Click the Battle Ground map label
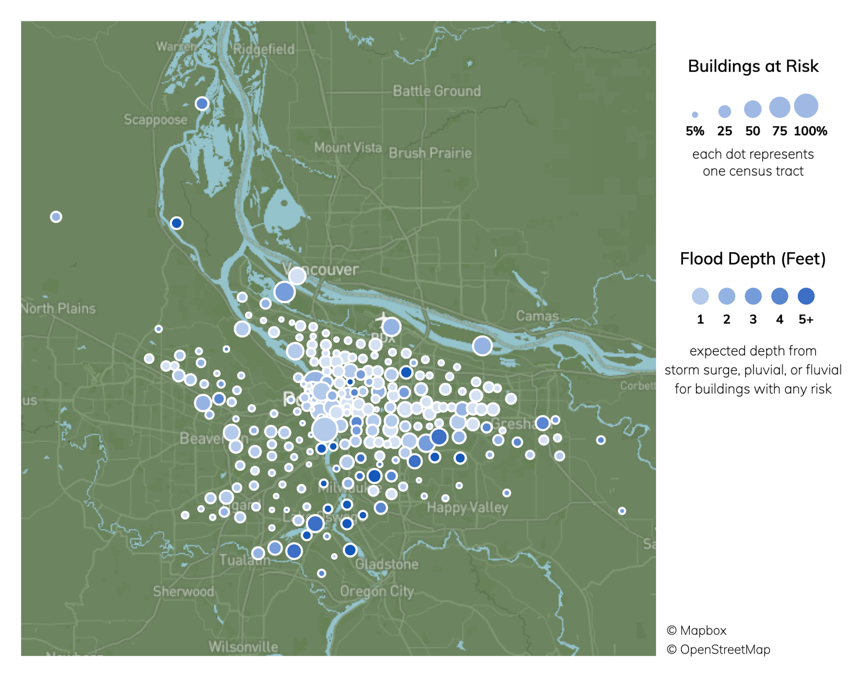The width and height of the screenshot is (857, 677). (x=437, y=91)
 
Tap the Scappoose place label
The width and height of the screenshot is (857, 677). (x=155, y=119)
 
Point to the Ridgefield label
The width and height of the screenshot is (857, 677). (x=264, y=49)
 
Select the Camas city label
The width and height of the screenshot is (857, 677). (x=537, y=316)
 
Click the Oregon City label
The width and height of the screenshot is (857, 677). (x=377, y=591)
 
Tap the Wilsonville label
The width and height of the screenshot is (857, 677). (x=243, y=647)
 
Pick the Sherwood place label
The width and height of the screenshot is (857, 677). (x=183, y=591)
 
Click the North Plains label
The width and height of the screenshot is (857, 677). (x=58, y=309)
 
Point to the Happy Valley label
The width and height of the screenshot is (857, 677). (x=467, y=507)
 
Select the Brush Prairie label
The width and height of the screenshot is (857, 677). (x=430, y=153)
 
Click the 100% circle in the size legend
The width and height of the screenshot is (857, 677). (x=806, y=106)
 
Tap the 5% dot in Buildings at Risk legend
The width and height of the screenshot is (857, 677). (x=695, y=115)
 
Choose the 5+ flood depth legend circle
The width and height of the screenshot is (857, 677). (x=806, y=296)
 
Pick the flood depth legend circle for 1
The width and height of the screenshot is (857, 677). (x=700, y=296)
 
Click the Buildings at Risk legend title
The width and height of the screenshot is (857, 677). (x=753, y=66)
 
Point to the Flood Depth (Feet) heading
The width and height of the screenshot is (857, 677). (x=753, y=259)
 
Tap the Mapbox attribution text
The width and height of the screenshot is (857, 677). (x=696, y=630)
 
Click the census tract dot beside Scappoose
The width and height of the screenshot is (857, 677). (x=202, y=103)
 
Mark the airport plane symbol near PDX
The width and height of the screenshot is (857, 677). (x=384, y=319)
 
